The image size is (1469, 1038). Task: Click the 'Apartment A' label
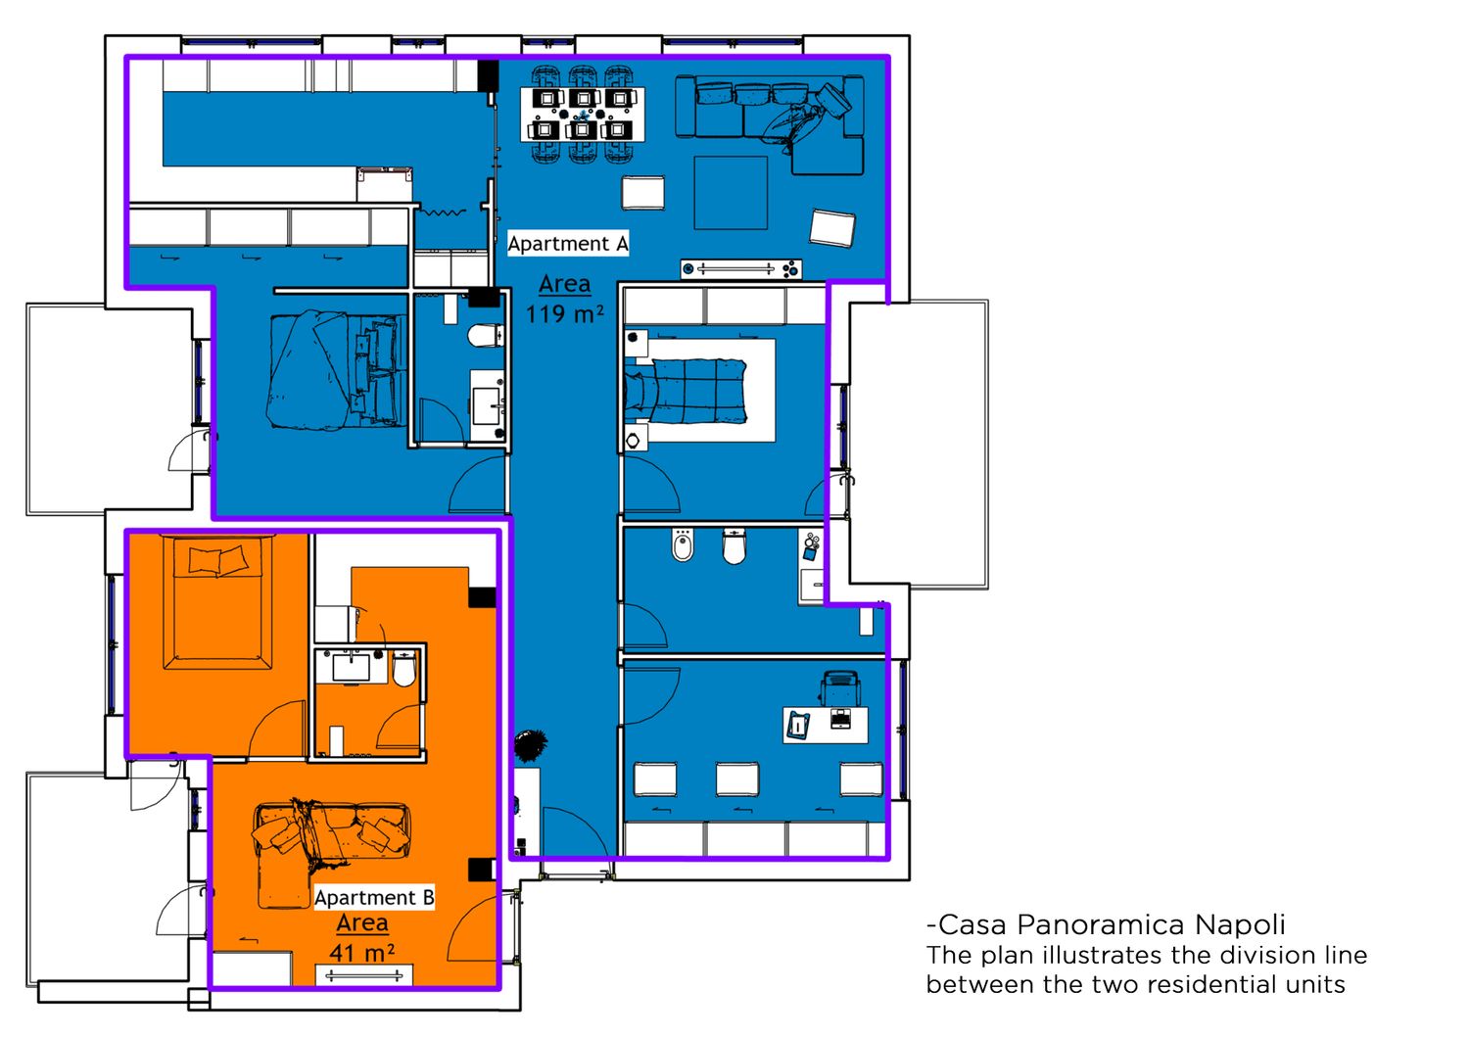click(568, 244)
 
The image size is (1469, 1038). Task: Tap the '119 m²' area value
click(565, 314)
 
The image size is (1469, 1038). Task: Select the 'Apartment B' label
click(374, 897)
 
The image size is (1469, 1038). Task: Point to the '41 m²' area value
click(362, 952)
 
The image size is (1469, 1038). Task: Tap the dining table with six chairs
click(583, 114)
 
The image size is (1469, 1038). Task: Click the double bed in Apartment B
click(217, 602)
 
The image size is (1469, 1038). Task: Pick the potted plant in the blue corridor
click(531, 744)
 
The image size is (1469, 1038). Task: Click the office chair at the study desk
click(839, 686)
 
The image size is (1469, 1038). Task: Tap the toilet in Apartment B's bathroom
click(403, 668)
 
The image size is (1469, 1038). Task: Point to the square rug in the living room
click(731, 193)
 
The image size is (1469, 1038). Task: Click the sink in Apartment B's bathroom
click(351, 667)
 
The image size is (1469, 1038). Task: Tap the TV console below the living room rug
click(741, 269)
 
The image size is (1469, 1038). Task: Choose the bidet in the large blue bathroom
click(683, 545)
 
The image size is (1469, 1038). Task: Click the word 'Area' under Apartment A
click(565, 285)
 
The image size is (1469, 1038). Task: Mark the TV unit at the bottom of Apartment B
click(364, 975)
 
